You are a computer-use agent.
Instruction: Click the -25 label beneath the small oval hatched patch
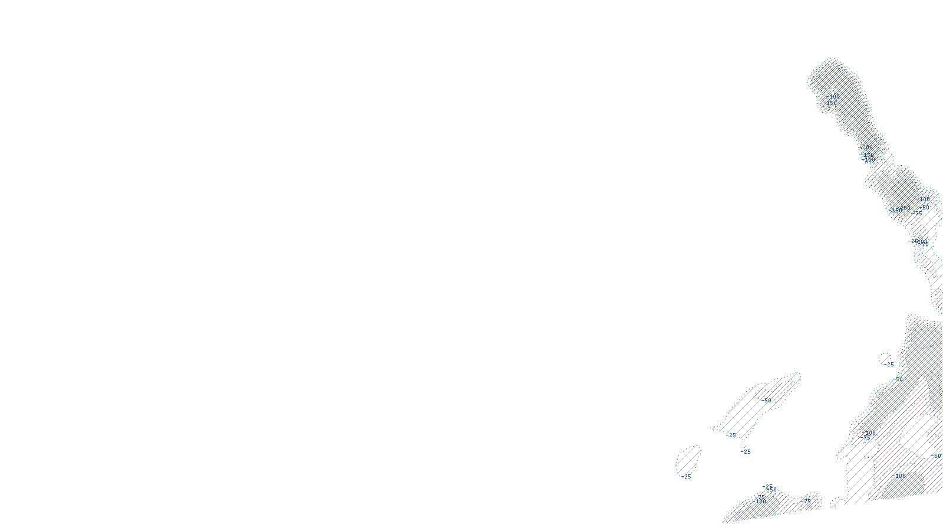tap(686, 477)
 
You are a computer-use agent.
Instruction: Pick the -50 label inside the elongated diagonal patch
tap(766, 400)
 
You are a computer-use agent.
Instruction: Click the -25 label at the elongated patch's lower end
tap(731, 435)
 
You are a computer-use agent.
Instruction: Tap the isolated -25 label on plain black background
tap(746, 452)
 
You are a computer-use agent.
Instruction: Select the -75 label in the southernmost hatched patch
tap(807, 501)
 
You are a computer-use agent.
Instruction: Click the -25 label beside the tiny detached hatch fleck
tap(889, 365)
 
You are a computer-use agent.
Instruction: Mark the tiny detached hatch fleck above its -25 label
tap(884, 356)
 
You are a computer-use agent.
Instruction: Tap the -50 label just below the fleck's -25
tap(898, 379)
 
